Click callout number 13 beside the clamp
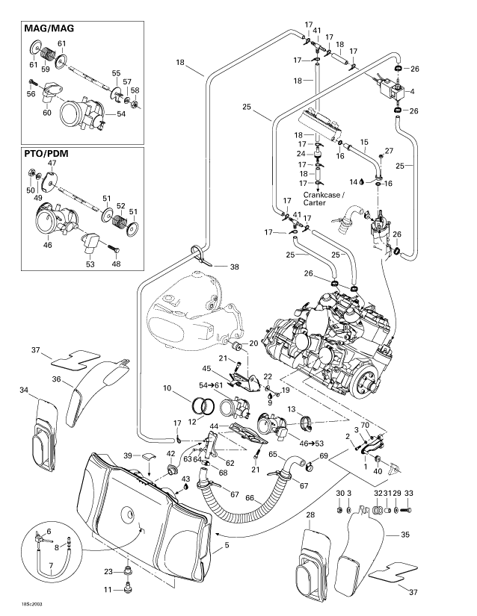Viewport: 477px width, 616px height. click(293, 409)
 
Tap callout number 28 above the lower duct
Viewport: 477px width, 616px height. click(310, 515)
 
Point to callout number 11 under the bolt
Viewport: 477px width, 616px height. click(106, 590)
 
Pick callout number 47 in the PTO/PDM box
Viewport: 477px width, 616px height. click(52, 163)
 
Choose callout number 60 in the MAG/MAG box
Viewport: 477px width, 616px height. click(46, 112)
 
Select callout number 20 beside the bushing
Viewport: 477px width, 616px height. click(253, 343)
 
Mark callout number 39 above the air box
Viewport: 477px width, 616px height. click(127, 455)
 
